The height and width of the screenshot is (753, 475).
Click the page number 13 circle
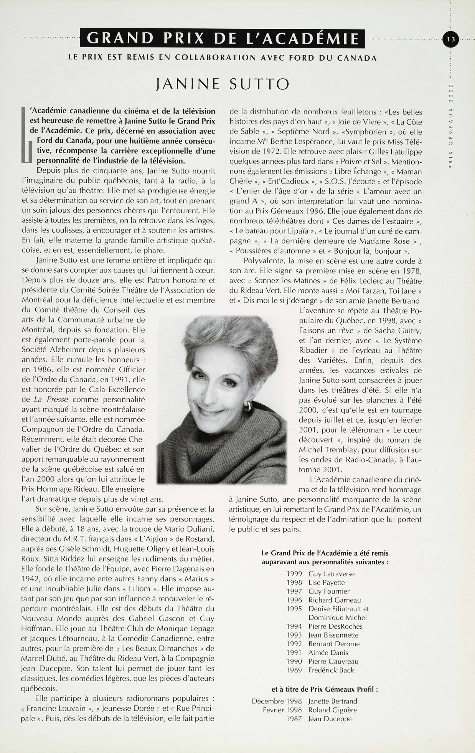coord(450,39)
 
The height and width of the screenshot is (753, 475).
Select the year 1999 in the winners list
coord(294,574)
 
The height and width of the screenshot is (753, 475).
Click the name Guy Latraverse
coord(332,574)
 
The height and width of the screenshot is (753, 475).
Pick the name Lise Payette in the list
coord(327,583)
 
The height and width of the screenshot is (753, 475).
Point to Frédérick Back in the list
coord(331,670)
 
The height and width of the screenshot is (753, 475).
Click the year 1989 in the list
coord(294,670)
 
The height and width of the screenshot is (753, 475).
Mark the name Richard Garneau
coord(335,600)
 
